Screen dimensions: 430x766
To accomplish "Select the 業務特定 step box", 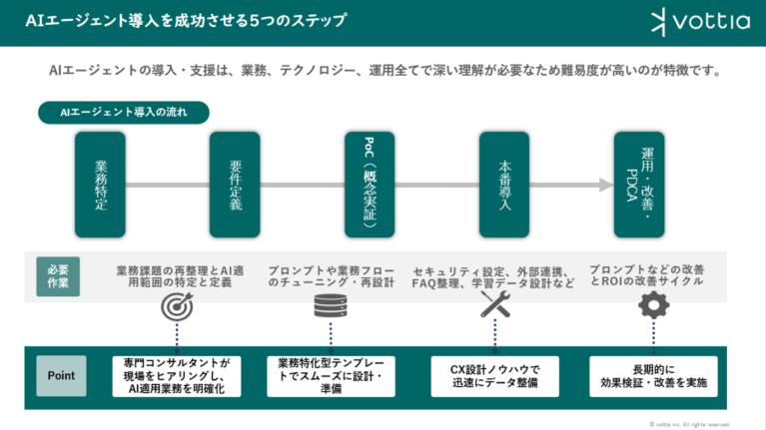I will (101, 185).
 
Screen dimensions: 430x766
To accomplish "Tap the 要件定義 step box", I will (236, 185).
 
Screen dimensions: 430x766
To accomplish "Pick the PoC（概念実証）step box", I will (370, 185).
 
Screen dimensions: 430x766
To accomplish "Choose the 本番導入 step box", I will (504, 185).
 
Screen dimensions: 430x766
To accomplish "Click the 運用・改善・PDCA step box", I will (639, 185).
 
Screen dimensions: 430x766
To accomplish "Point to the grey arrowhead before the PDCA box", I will (603, 185).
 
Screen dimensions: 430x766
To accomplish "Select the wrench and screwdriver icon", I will (495, 305).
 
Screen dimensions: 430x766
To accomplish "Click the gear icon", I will (653, 305).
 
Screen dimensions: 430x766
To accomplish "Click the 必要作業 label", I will (59, 274).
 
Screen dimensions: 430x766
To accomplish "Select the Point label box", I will (61, 375).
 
